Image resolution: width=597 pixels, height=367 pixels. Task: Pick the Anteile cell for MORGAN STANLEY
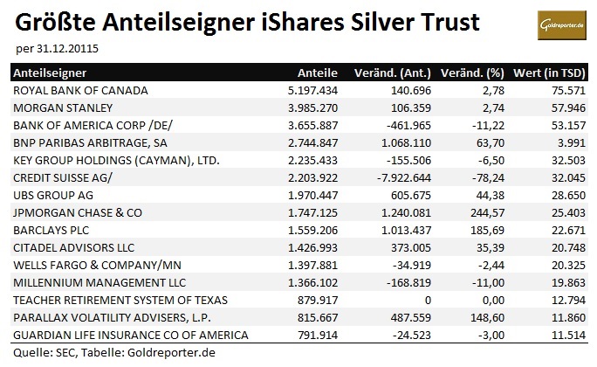311,107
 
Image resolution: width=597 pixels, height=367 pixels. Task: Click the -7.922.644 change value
391,178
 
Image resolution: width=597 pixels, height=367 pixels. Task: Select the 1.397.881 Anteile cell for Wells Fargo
311,266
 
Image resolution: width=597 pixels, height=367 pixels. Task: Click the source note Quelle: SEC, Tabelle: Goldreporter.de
108,353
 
